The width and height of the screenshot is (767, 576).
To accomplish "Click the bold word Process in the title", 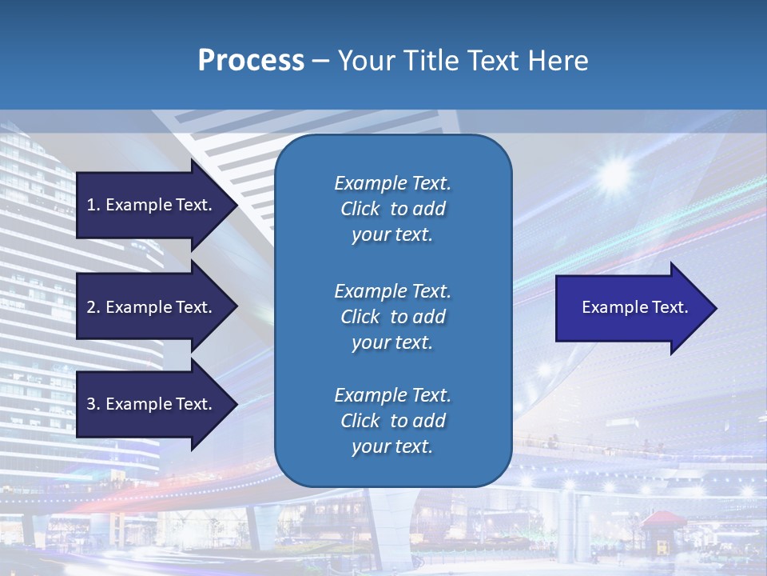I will tap(251, 61).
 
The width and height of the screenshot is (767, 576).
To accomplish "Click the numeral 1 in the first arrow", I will tap(91, 205).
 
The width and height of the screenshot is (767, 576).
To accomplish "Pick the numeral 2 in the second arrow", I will tap(91, 307).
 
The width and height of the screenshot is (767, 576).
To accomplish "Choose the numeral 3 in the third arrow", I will tap(91, 404).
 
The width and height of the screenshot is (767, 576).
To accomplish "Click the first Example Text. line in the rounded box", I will tap(392, 183).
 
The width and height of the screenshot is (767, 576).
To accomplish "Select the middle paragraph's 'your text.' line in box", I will tap(392, 342).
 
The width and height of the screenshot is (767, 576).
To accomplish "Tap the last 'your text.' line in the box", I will tap(392, 447).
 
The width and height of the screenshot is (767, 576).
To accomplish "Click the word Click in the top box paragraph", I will tap(360, 209).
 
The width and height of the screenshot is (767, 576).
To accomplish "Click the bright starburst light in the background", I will tap(615, 172).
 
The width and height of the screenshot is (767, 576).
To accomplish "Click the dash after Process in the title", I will tap(321, 61).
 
